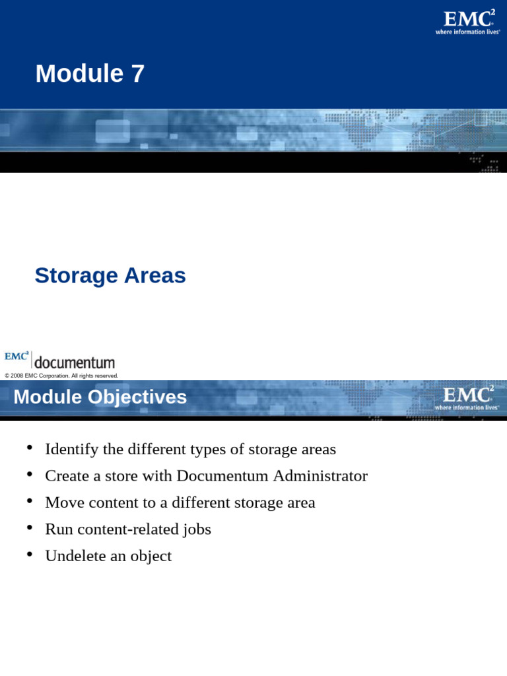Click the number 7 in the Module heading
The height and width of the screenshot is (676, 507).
coord(137,74)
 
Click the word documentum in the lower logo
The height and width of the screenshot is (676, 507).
coord(74,362)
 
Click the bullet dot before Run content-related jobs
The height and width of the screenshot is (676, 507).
coord(30,527)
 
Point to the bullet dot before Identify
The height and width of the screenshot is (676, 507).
coord(30,448)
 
